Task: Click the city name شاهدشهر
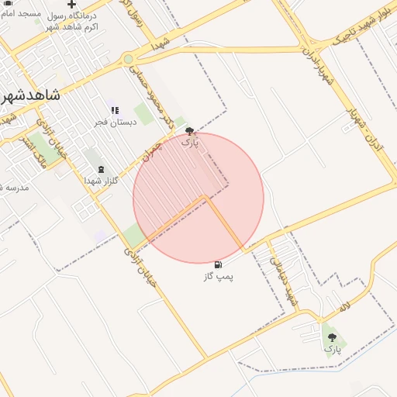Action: click(31, 95)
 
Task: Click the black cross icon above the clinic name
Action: click(72, 5)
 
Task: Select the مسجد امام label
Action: click(20, 14)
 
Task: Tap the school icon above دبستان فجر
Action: click(116, 111)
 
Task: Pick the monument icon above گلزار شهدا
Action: click(100, 169)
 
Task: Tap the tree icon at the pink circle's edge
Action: click(190, 131)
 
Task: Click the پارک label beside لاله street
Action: click(333, 349)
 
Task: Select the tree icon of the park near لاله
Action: click(333, 337)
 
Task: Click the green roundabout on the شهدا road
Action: click(128, 59)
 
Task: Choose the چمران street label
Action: click(150, 151)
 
